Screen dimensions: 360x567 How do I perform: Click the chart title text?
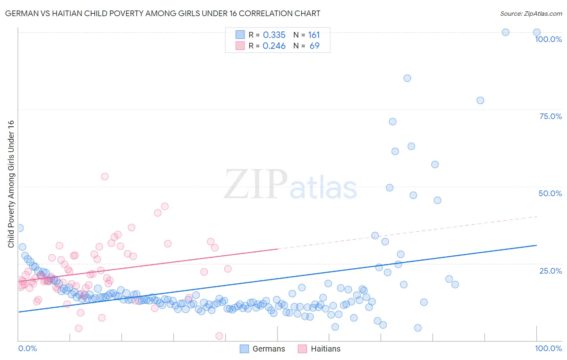click(163, 13)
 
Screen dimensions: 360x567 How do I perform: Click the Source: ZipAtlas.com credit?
click(531, 13)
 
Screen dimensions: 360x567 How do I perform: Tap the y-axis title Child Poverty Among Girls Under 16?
click(11, 184)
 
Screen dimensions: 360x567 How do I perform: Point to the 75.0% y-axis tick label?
click(550, 116)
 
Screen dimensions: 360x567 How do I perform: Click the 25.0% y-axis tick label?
click(550, 271)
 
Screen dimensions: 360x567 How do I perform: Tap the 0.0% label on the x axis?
click(27, 348)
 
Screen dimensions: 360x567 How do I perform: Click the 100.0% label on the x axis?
click(548, 348)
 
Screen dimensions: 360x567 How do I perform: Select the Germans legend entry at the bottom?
click(263, 349)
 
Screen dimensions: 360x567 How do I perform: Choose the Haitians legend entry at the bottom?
click(319, 349)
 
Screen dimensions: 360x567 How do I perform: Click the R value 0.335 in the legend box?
click(274, 35)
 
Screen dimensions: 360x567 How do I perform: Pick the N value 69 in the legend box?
click(314, 46)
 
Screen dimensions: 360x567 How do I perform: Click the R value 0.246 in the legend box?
click(274, 46)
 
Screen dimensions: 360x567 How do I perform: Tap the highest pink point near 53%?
click(105, 176)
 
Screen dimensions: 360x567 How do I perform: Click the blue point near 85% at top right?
click(407, 78)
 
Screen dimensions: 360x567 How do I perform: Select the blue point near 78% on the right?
click(480, 100)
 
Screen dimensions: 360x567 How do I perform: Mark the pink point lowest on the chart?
click(219, 336)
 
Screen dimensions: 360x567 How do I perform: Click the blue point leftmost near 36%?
click(19, 228)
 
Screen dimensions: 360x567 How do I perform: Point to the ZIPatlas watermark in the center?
click(290, 184)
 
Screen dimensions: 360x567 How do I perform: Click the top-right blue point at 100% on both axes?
click(537, 32)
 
